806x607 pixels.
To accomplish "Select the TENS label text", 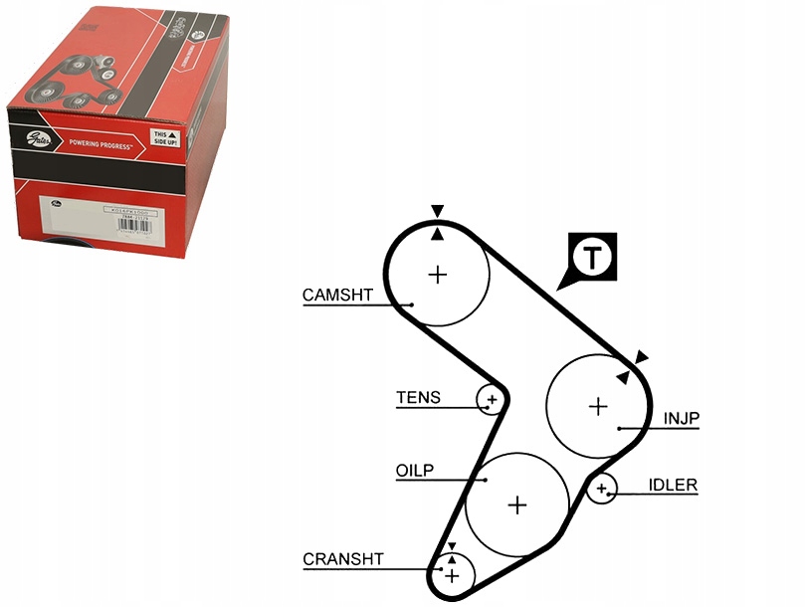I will (418, 398).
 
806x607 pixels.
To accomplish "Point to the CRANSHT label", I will (343, 560).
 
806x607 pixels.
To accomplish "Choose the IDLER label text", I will (673, 486).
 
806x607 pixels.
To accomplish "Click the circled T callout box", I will (593, 258).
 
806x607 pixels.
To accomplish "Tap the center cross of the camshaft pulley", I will (438, 274).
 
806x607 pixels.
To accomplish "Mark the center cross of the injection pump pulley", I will (597, 406).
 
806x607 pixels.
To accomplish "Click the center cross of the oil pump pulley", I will (516, 505).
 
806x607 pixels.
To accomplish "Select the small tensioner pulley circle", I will (491, 400).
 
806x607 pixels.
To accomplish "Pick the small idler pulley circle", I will (601, 489).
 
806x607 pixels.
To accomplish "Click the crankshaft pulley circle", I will (453, 575).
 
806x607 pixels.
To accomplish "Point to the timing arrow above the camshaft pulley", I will (437, 211).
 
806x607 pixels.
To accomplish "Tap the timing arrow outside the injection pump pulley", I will (642, 356).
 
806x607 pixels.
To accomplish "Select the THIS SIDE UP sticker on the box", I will (163, 137).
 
